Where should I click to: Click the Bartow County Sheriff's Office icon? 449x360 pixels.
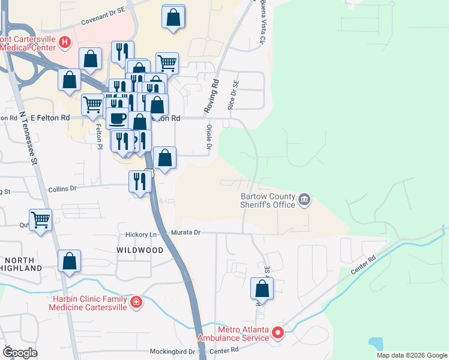tap(304, 199)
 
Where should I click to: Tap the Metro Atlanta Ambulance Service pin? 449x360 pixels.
tap(278, 332)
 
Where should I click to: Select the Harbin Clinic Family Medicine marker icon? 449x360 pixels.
tap(137, 301)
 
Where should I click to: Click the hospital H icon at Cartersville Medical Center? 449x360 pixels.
tap(65, 42)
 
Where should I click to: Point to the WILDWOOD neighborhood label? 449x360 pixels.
tap(140, 250)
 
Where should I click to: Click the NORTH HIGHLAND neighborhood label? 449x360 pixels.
tap(21, 263)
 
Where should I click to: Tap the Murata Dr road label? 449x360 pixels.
tap(184, 232)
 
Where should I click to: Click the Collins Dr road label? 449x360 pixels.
tap(62, 188)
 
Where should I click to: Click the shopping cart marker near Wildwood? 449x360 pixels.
tap(41, 220)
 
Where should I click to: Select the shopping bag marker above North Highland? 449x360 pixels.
tap(70, 261)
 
